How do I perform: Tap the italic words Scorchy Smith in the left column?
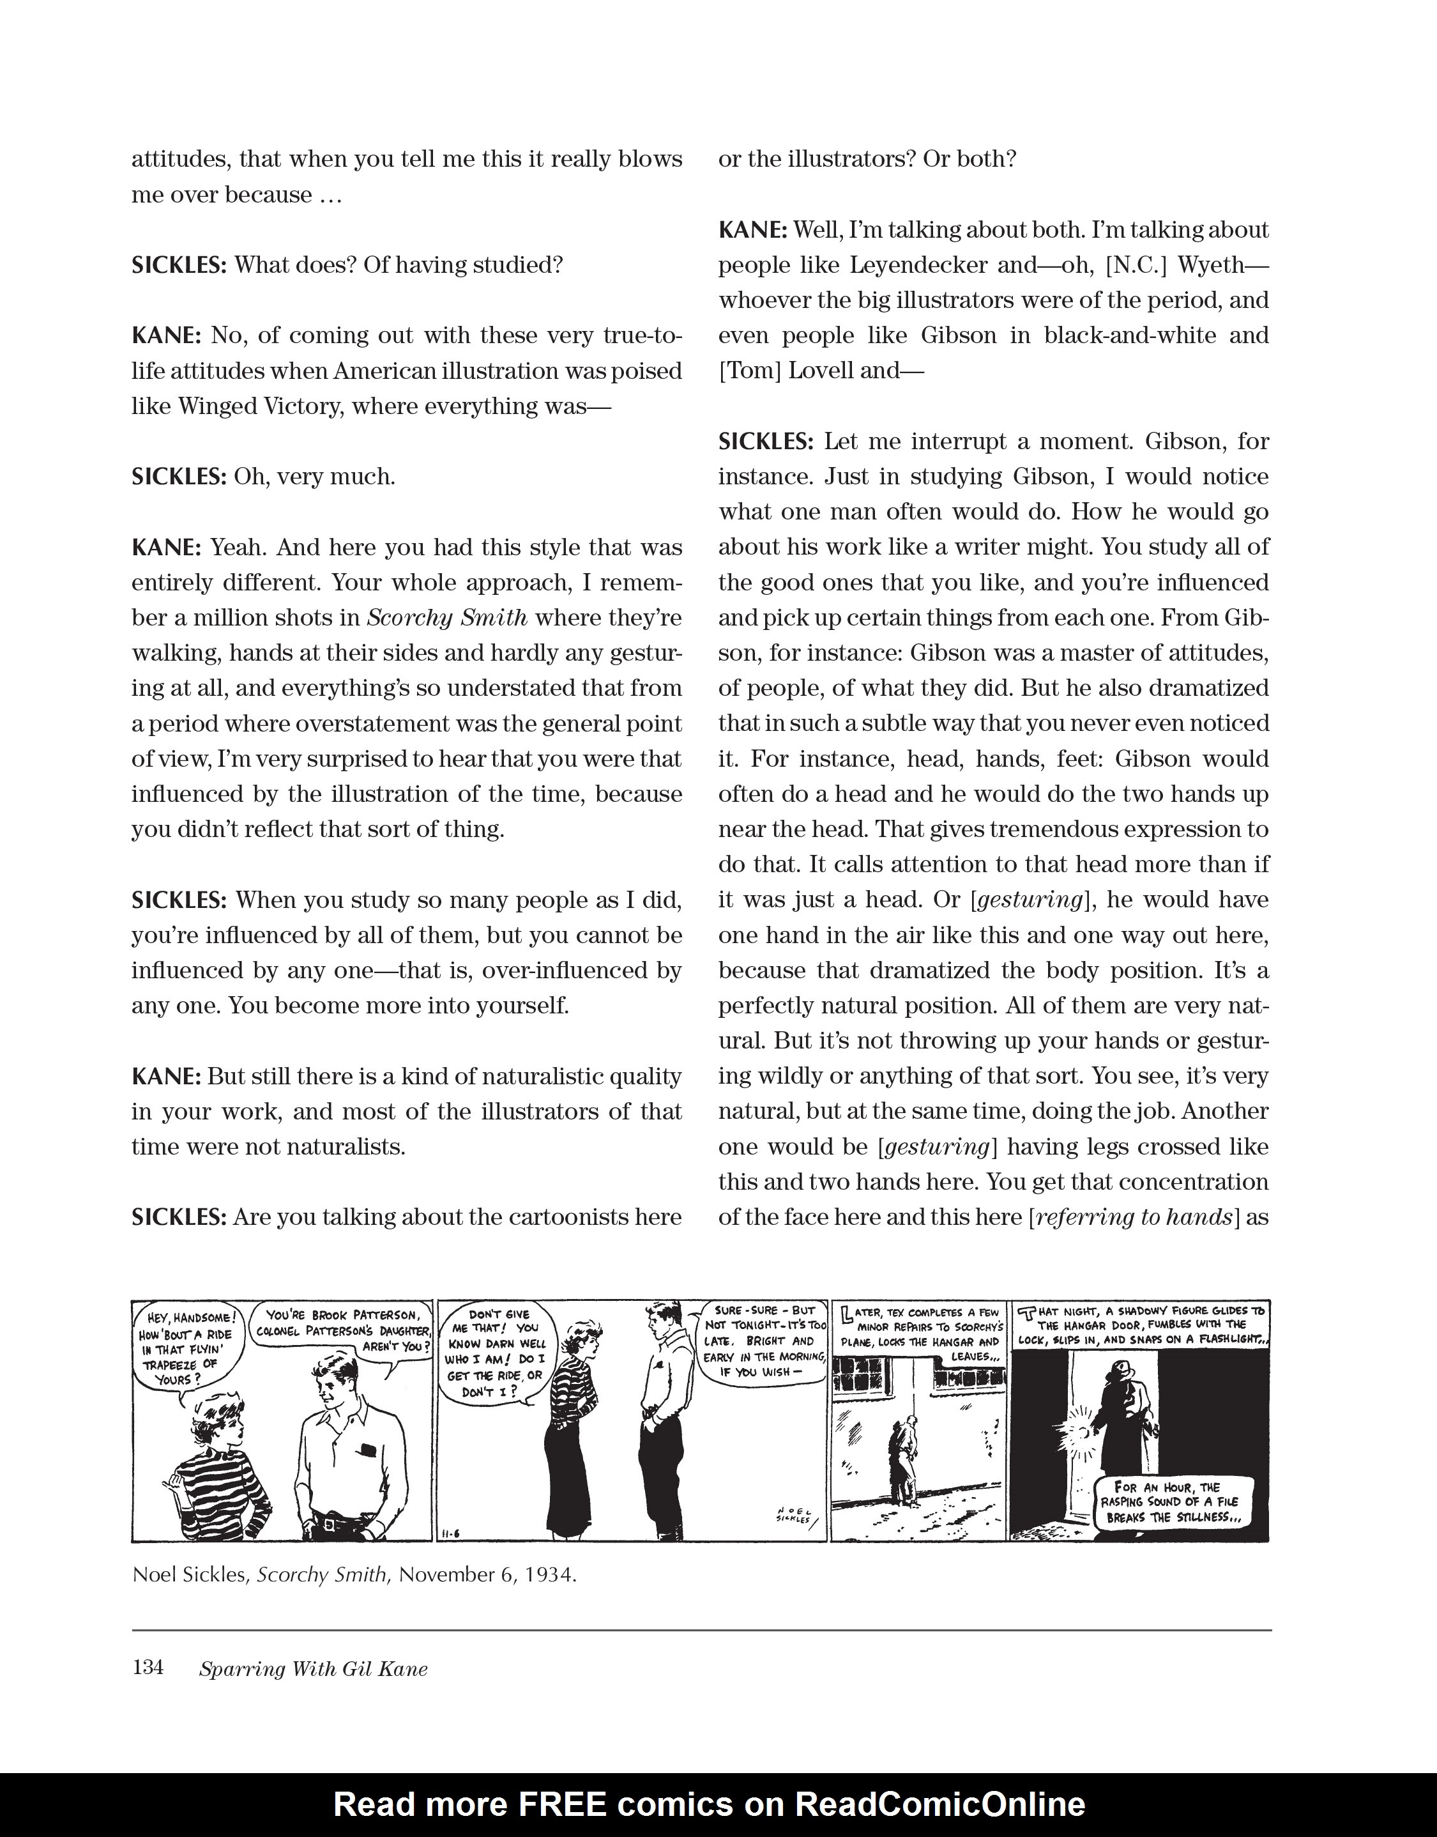coord(448,618)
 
